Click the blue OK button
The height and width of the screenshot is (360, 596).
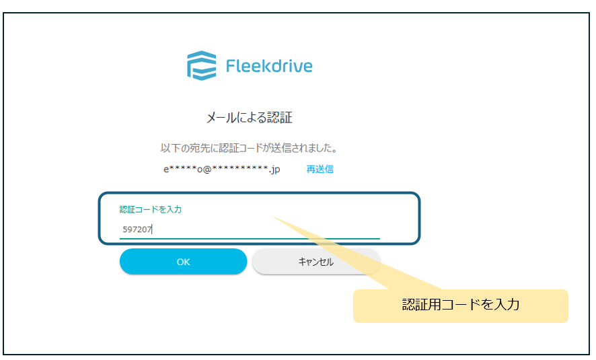(x=183, y=262)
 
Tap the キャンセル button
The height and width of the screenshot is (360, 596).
(x=315, y=262)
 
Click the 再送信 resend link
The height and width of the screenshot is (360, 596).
(x=320, y=169)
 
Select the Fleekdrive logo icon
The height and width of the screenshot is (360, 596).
(x=201, y=65)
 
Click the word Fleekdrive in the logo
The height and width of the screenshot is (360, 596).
(x=269, y=67)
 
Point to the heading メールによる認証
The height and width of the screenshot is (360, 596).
(x=249, y=118)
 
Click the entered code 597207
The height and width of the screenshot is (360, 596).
(x=137, y=229)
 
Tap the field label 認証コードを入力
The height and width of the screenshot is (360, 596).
(x=151, y=209)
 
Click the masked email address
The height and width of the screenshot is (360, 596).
(x=221, y=170)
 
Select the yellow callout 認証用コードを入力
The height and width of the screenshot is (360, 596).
(x=461, y=305)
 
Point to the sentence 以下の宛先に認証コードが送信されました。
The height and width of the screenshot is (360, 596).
(x=248, y=147)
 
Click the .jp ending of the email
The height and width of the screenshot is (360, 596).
(x=274, y=170)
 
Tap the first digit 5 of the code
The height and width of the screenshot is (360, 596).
(x=124, y=229)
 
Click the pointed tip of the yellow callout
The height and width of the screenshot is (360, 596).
(x=274, y=217)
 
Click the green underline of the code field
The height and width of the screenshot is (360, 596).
(x=249, y=238)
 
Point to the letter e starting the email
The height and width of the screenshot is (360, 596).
(x=166, y=170)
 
